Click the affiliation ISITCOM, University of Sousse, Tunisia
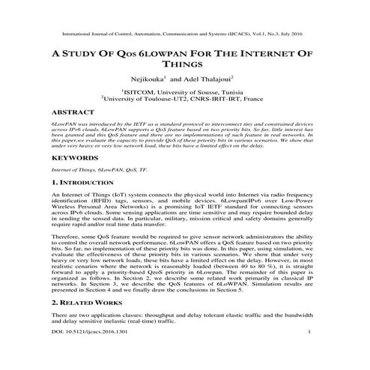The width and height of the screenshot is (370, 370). click(x=185, y=91)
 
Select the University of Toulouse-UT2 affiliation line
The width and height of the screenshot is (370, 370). click(x=185, y=99)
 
